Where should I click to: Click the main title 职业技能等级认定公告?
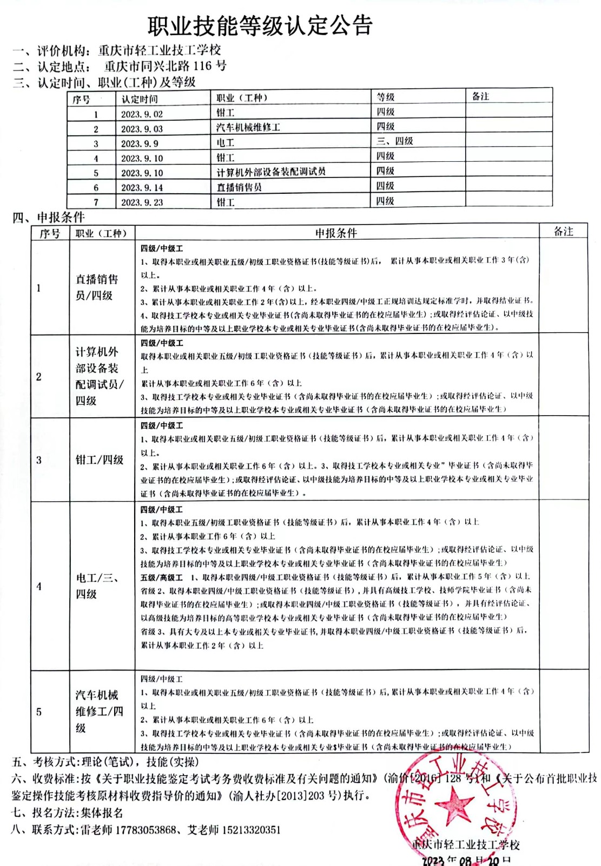260,25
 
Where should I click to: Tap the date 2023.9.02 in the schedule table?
142,114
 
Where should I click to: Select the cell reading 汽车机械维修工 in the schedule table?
248,128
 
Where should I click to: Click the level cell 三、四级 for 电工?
394,141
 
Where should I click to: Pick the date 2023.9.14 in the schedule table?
142,188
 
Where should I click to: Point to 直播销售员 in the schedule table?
239,187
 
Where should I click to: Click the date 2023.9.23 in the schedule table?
142,202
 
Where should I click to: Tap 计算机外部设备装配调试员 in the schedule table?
271,172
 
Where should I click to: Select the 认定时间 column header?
140,99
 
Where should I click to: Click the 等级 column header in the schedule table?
386,97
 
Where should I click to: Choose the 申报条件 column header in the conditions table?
336,233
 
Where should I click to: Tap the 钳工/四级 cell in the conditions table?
100,460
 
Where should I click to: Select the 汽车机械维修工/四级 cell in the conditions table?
98,711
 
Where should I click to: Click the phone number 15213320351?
249,830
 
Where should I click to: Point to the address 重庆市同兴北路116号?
165,67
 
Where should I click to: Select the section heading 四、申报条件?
49,218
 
